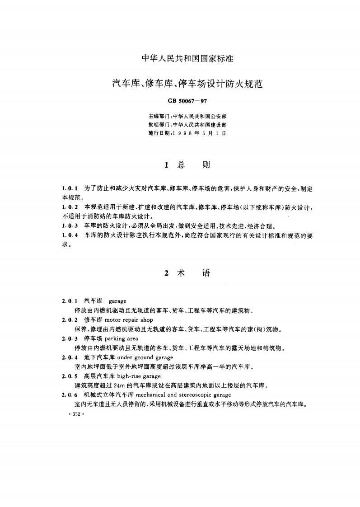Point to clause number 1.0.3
70,225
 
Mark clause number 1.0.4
70,235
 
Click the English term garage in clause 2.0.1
117,301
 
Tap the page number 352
72,413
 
